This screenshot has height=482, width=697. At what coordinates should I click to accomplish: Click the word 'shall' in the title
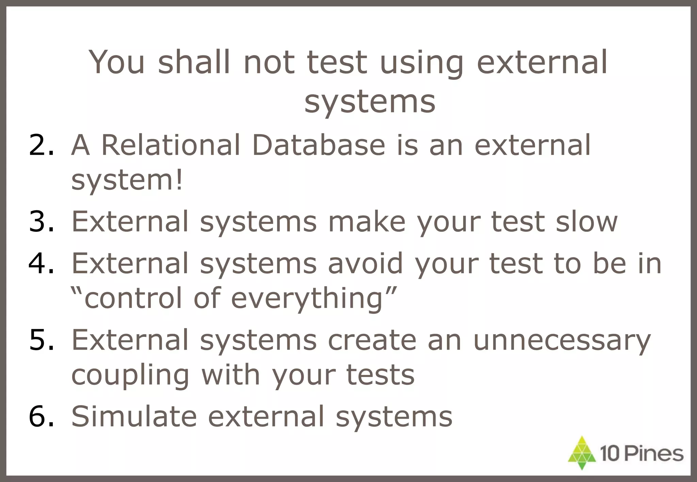point(194,62)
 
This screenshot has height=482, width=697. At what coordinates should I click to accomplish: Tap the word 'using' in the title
point(421,63)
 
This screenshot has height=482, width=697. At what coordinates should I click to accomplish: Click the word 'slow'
point(586,222)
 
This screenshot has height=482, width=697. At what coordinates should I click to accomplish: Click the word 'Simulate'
point(134,416)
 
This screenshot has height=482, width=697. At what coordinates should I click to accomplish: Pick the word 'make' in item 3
point(367,222)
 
